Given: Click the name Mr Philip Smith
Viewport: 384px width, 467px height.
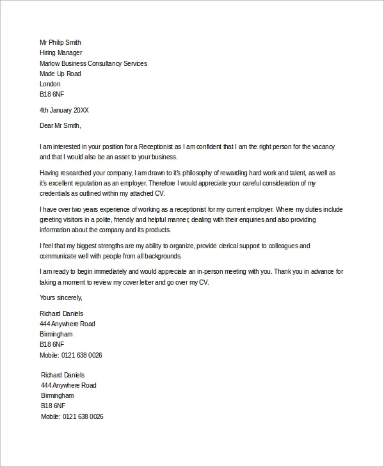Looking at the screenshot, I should coord(60,43).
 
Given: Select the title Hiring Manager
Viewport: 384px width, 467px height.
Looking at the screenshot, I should coord(61,53).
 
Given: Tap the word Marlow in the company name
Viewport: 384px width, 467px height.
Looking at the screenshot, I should coord(51,63).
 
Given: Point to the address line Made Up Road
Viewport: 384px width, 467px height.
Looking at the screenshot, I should coord(60,74).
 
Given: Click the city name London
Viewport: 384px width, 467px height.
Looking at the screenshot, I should coord(50,84).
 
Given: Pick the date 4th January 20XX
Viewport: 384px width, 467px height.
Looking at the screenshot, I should coord(64,110).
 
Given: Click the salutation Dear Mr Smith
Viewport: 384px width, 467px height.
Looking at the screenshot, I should coord(60,125).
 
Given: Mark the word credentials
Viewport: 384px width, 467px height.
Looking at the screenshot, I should coord(56,193).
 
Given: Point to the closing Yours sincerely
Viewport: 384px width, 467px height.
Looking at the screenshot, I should coord(61,297).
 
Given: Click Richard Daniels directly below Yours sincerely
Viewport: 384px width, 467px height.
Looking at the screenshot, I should coord(61,313).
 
